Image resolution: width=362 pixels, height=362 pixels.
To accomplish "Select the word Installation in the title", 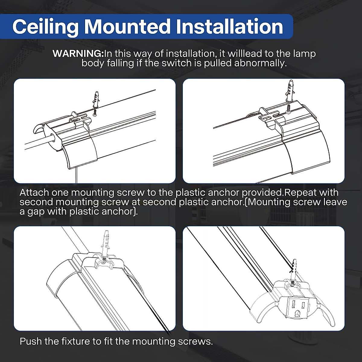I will (x=229, y=27).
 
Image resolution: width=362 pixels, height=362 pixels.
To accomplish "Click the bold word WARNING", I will (x=78, y=54).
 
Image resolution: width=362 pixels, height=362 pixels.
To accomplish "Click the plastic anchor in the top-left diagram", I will (x=96, y=98).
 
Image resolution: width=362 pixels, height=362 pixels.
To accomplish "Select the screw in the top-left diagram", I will (x=95, y=112).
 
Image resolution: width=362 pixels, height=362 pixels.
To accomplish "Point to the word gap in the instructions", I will (x=35, y=211).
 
